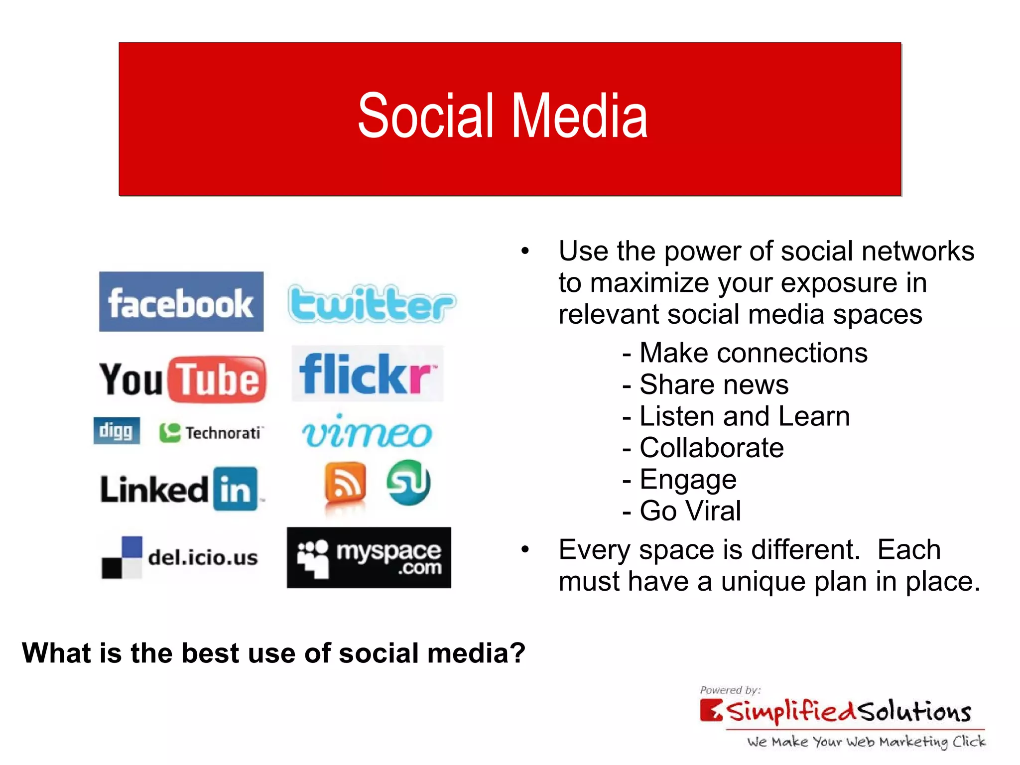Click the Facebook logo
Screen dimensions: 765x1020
(x=181, y=302)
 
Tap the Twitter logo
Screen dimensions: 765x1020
(x=372, y=304)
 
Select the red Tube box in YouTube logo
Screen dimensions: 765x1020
(x=218, y=380)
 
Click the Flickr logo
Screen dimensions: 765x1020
(x=367, y=374)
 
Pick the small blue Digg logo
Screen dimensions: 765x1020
(x=117, y=431)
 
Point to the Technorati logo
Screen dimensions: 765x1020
(x=211, y=432)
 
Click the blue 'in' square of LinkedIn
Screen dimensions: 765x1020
(x=236, y=489)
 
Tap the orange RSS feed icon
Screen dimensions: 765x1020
(x=345, y=482)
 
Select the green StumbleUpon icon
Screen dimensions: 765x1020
(x=409, y=482)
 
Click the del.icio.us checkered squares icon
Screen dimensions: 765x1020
(x=122, y=557)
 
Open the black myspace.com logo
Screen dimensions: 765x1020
(x=369, y=558)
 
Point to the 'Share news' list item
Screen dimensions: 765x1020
(x=713, y=384)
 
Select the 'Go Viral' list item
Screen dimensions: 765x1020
(x=690, y=511)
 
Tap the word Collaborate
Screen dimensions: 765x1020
(x=711, y=448)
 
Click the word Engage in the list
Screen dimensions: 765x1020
(x=688, y=480)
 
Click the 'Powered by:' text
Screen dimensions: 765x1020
(x=730, y=690)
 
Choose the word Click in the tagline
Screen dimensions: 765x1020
(x=969, y=742)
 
